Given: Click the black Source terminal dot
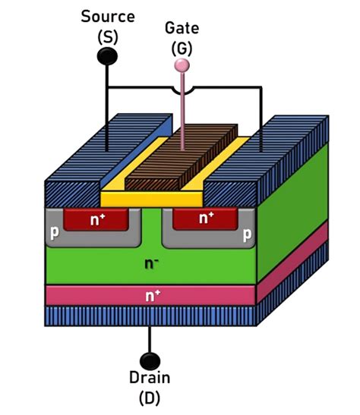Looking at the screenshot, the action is pos(107,56).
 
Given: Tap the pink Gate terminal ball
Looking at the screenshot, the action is pos(182,65).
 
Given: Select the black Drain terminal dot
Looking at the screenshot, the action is pos(150,361).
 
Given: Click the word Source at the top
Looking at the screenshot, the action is pos(108,17).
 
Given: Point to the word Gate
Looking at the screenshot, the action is pos(182,28).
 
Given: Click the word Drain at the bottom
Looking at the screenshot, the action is pos(150,378).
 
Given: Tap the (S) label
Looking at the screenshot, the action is pos(108,37).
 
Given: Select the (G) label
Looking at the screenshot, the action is pos(182,49).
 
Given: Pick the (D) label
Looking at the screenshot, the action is pos(150,398).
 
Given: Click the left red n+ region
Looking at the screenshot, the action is pos(96,219).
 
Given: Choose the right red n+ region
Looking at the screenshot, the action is pos(205,219).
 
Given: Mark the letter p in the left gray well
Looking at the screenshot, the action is pos(55,232).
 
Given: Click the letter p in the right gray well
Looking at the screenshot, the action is pos(247,234).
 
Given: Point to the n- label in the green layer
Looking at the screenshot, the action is pos(151,263).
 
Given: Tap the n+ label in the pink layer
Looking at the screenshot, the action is pos(153,296).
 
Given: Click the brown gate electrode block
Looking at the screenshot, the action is pos(182,157).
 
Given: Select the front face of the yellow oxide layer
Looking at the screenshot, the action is pos(152,200).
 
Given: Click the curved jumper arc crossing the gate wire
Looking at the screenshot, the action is pos(182,91).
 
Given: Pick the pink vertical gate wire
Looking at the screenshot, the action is pos(182,112).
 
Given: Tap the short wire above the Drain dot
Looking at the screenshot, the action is pos(150,340).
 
